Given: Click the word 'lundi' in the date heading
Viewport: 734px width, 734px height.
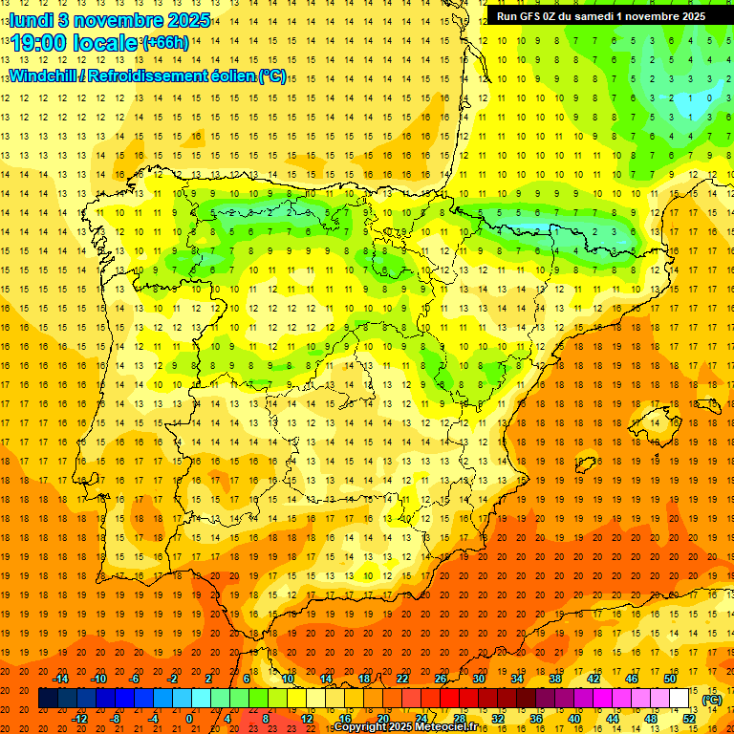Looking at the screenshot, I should [x=32, y=19].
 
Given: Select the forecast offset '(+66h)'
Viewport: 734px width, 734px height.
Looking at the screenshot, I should [x=165, y=43].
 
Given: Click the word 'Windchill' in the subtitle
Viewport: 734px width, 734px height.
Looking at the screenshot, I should [x=42, y=76].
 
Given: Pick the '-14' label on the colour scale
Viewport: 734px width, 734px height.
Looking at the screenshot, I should [x=61, y=678].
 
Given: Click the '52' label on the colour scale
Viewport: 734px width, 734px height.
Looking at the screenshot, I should [x=690, y=718].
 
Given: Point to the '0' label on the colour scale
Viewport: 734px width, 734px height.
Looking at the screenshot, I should [x=190, y=718].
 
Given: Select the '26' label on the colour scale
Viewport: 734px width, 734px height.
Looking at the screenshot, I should [x=441, y=678].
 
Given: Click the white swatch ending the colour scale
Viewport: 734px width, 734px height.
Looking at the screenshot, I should [x=680, y=699].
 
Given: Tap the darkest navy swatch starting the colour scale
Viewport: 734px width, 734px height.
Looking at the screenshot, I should [x=47, y=699].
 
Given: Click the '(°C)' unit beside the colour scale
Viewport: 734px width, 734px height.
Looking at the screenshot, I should [x=711, y=700].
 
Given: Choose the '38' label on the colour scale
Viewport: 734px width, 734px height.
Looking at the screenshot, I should [x=554, y=678].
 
